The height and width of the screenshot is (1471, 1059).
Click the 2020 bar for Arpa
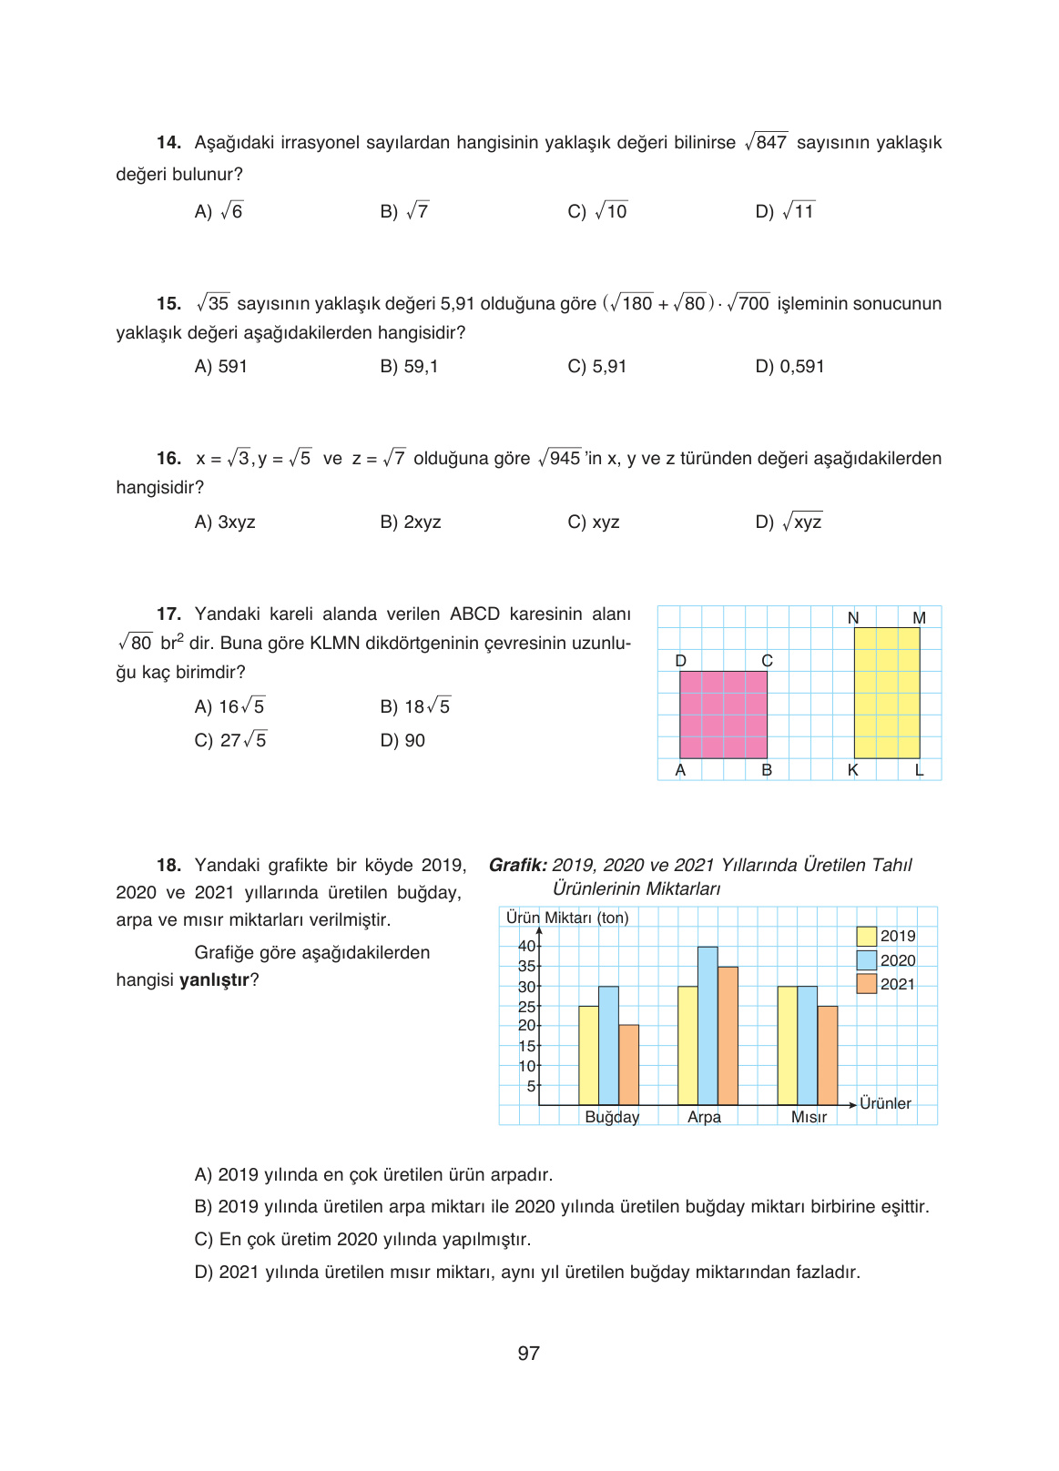click(708, 1026)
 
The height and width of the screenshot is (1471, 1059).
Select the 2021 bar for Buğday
click(628, 1065)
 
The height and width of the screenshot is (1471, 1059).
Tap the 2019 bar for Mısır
click(787, 1046)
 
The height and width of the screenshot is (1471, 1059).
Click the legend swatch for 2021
click(866, 984)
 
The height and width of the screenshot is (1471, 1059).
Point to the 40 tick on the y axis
click(526, 946)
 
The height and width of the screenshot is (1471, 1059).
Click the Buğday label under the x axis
click(612, 1117)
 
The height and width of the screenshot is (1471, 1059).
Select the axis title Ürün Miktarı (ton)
click(567, 918)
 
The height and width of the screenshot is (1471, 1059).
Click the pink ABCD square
click(723, 715)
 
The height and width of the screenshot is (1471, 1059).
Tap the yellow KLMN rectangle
click(886, 693)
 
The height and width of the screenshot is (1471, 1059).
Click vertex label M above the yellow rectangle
click(919, 618)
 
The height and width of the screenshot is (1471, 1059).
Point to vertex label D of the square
click(681, 661)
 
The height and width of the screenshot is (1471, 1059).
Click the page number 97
click(528, 1354)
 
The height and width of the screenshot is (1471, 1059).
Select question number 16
click(168, 459)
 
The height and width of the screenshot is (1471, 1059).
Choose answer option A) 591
click(221, 367)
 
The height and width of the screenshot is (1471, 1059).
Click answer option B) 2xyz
click(411, 522)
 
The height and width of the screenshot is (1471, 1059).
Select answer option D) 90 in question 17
click(402, 741)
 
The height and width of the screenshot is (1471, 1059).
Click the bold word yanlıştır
click(214, 980)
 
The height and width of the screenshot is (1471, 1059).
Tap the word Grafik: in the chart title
click(517, 866)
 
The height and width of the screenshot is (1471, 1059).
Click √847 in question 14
click(766, 142)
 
